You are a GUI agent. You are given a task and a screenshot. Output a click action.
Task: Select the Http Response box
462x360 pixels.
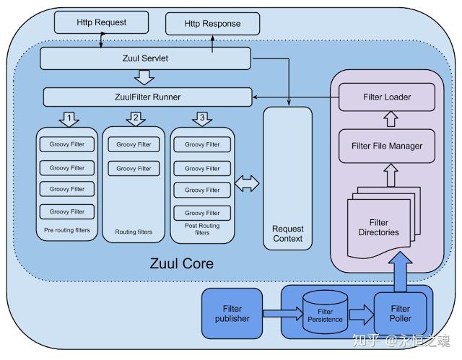coord(212,24)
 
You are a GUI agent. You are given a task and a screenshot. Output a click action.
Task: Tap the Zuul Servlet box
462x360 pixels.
coord(145,58)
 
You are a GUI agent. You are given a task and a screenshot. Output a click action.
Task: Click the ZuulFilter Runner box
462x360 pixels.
coord(148,97)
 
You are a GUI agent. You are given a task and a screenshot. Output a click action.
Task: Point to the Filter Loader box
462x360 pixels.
coord(386,97)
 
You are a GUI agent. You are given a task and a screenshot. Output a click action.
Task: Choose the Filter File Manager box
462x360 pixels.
coord(386,146)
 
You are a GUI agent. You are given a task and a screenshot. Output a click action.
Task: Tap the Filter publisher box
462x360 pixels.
coord(232,313)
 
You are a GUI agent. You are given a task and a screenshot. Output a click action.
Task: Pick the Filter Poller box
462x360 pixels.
coord(401,314)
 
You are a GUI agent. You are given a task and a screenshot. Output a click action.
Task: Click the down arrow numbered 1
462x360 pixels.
coord(69,118)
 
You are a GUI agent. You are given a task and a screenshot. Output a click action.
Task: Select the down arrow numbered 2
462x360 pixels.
coord(135,118)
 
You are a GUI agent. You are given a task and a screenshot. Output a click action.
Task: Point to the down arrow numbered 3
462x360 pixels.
coord(203,118)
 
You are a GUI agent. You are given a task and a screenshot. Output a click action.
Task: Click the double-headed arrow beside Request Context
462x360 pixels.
coord(248,184)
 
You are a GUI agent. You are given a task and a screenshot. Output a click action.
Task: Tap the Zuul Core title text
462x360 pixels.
coord(181,263)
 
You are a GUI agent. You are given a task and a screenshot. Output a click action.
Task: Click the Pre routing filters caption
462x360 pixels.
coord(67,229)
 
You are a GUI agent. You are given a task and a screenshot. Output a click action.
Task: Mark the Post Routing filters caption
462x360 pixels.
coord(202,229)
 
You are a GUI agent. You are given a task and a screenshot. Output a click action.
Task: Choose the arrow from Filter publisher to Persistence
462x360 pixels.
coord(280,314)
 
